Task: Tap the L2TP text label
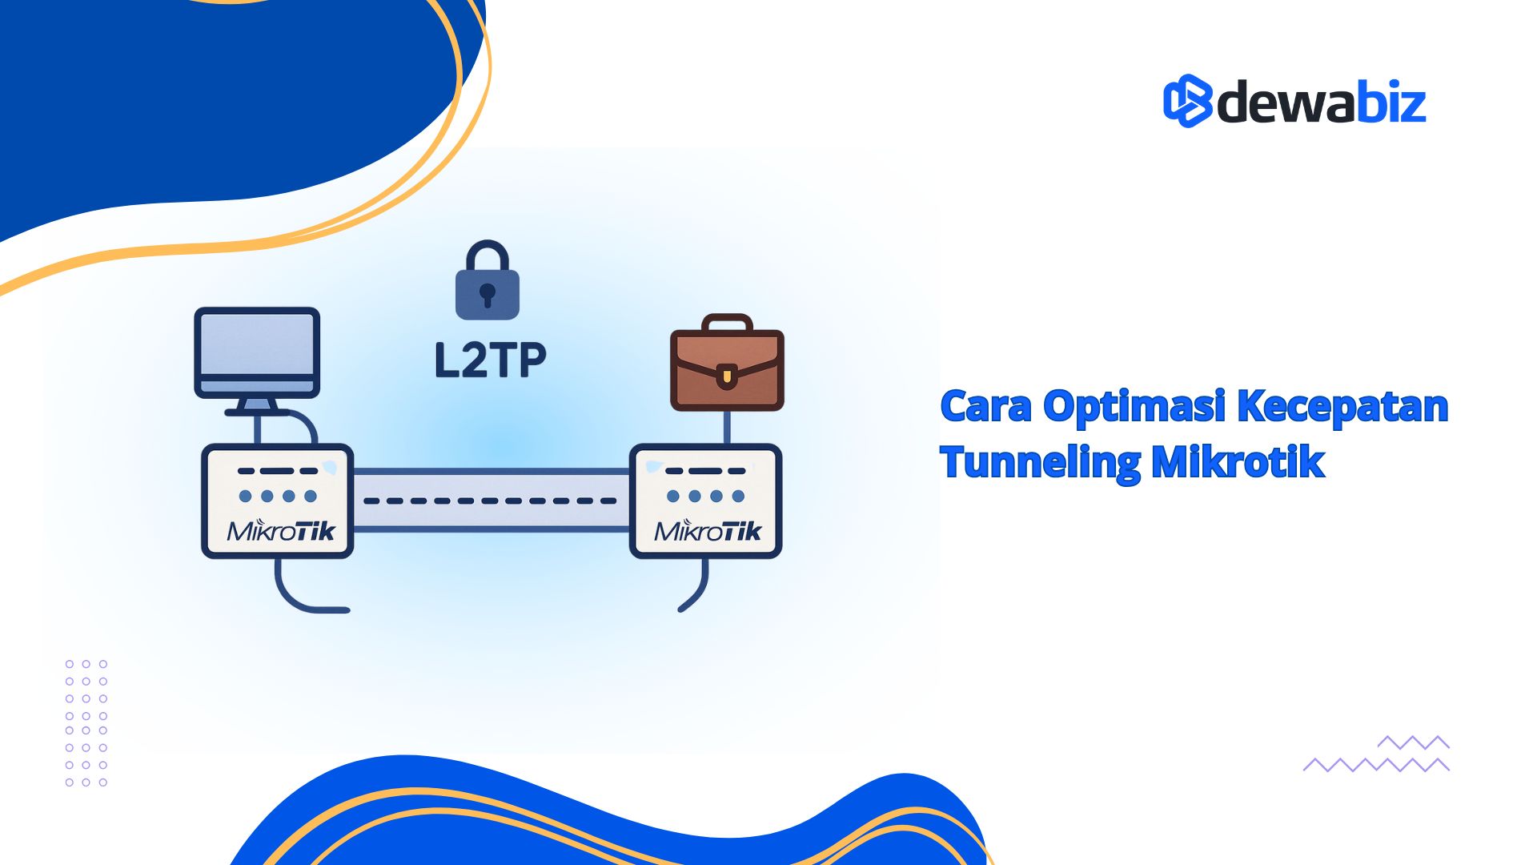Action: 490,360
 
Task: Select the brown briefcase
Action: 727,369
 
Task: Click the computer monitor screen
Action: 257,344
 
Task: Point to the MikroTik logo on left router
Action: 280,530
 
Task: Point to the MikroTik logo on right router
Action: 708,530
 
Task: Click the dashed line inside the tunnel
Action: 490,501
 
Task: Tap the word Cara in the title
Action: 985,406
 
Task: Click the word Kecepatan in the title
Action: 1342,406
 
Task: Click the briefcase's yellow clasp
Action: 726,375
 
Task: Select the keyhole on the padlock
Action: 488,295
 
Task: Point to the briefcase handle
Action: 727,322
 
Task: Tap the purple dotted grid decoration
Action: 86,723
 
